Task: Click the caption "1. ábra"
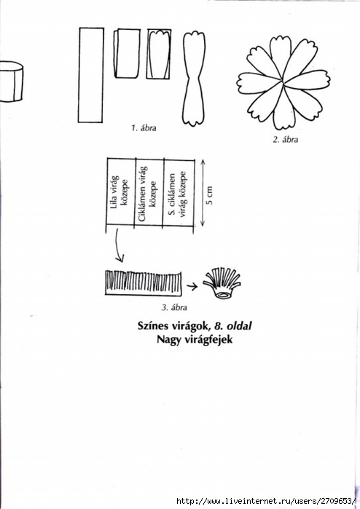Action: click(x=144, y=128)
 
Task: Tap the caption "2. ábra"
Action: click(x=285, y=140)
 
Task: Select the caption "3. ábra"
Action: click(x=174, y=307)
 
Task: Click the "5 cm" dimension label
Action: click(x=210, y=195)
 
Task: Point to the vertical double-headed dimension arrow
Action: click(x=203, y=192)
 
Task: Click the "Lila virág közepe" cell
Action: click(x=120, y=192)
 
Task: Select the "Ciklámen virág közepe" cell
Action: click(x=149, y=193)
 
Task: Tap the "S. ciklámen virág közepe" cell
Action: click(x=179, y=194)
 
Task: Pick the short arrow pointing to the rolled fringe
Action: click(x=192, y=286)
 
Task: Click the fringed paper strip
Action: click(x=144, y=283)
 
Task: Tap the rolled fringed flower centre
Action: click(x=222, y=283)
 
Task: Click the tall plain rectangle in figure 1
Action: click(x=91, y=75)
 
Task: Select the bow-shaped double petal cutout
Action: click(x=194, y=79)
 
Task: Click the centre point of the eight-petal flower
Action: click(x=283, y=83)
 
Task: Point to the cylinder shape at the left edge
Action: click(x=11, y=82)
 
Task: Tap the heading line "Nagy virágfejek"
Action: click(x=195, y=339)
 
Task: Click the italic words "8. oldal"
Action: click(x=232, y=325)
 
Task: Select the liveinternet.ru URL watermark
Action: click(x=267, y=500)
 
